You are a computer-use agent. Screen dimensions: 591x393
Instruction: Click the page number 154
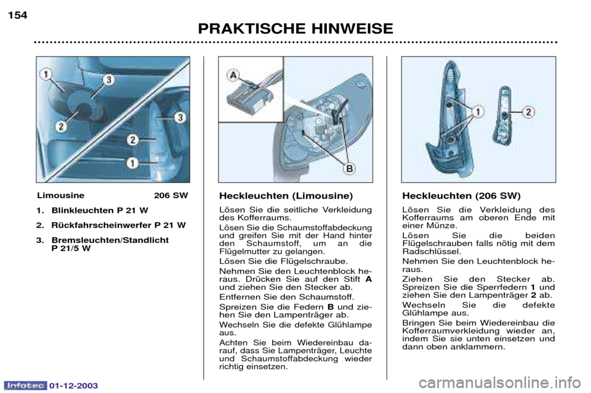pos(18,15)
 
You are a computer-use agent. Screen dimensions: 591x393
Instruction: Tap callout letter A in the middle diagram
pos(233,75)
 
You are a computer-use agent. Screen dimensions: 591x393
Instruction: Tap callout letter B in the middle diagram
pos(350,169)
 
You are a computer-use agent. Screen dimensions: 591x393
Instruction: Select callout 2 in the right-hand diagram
pos(528,112)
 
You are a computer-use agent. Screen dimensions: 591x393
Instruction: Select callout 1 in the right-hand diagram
pos(478,112)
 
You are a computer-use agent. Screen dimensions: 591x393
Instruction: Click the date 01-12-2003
pos(73,386)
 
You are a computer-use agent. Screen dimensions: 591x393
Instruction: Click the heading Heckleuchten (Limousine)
pos(286,196)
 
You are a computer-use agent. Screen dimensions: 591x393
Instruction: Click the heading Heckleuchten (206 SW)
pos(461,196)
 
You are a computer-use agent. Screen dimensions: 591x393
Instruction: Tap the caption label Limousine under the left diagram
pos(61,196)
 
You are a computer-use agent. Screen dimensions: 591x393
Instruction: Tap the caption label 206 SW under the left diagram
pos(171,196)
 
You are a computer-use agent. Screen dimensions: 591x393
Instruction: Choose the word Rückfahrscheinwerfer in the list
pos(102,225)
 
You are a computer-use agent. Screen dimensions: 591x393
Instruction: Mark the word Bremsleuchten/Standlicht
pos(110,240)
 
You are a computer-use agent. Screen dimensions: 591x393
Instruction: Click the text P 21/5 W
pos(71,248)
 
